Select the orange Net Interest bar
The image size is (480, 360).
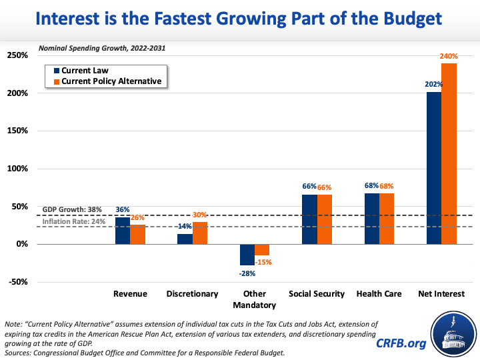pyautogui.click(x=449, y=153)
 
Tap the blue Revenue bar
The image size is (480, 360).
pyautogui.click(x=123, y=231)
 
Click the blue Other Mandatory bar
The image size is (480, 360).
pyautogui.click(x=247, y=255)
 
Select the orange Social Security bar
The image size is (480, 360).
pyautogui.click(x=324, y=219)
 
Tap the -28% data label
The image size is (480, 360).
pyautogui.click(x=247, y=272)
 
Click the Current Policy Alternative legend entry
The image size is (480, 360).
pyautogui.click(x=107, y=81)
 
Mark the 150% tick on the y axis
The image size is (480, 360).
pyautogui.click(x=17, y=131)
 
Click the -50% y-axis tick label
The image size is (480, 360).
pyautogui.click(x=17, y=282)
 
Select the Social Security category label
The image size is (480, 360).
pyautogui.click(x=317, y=293)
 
